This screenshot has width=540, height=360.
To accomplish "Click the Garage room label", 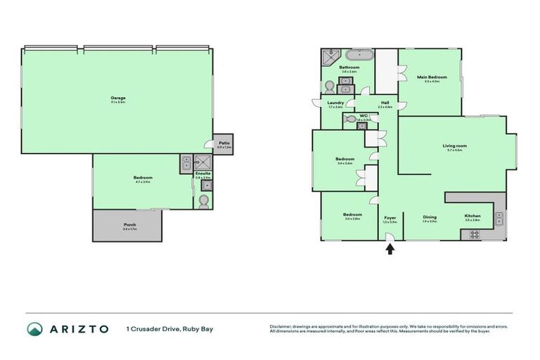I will point(117,98).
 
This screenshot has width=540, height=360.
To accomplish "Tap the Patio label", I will point(224,143).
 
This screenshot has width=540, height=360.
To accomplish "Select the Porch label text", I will point(129,224).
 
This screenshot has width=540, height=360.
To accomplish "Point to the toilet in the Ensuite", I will point(202,201).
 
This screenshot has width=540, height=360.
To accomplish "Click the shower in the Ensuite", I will point(186,164).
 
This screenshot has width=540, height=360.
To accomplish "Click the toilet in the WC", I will point(351,120).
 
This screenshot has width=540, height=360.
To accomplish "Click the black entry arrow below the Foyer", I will point(390,247).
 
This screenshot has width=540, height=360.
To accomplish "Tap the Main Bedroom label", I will point(428,77).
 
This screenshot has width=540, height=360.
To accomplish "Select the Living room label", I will point(455,146).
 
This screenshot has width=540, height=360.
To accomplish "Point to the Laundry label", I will point(335,103).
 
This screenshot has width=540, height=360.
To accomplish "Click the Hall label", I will point(385,103).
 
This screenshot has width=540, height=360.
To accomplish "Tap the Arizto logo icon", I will point(34,329).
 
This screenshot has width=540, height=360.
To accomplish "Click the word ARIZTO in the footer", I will point(79,329).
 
